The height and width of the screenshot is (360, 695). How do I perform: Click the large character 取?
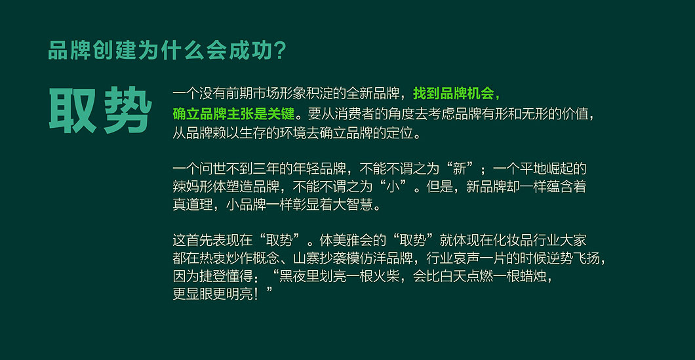coord(72,110)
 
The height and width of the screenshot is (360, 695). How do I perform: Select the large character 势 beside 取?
coord(128,110)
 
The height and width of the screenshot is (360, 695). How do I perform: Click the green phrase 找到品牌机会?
coord(453,94)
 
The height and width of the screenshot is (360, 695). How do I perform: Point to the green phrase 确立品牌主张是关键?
coord(233,114)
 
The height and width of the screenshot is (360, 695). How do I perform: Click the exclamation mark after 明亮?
coord(254,294)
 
